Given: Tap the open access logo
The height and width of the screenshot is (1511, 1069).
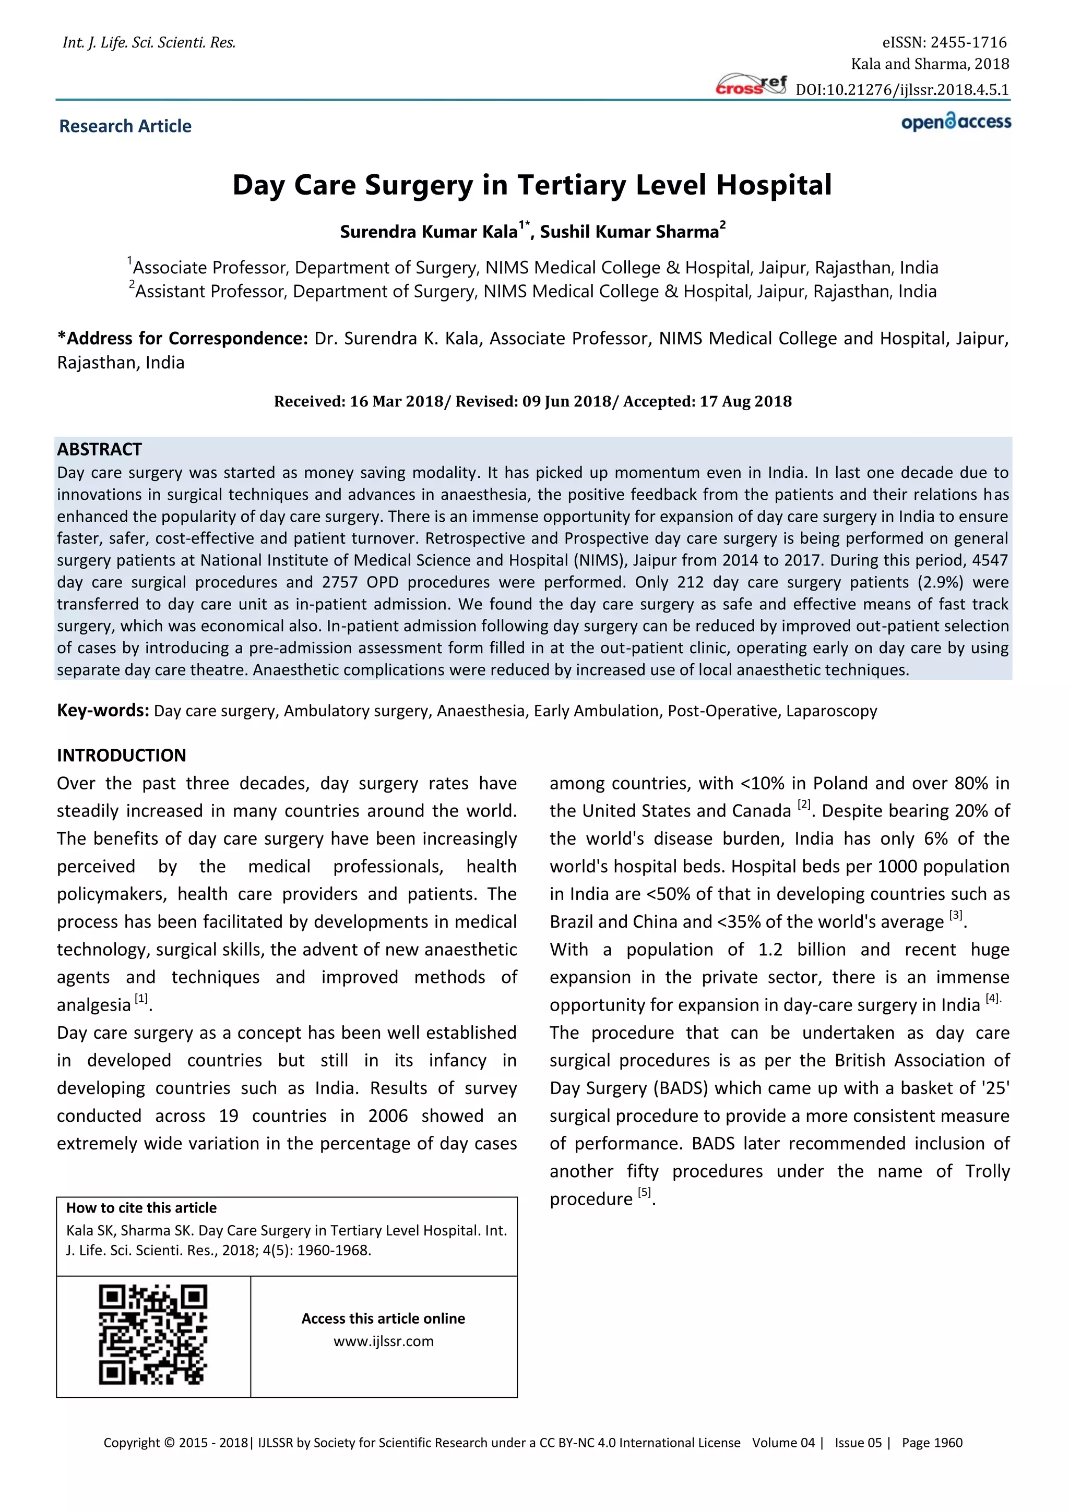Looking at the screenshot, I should pyautogui.click(x=956, y=123).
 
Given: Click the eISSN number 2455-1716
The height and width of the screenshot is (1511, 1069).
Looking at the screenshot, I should pyautogui.click(x=968, y=43).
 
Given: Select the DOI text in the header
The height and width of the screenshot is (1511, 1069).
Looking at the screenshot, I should pyautogui.click(x=902, y=90).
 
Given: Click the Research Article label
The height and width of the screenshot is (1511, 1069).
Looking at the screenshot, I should pyautogui.click(x=125, y=126).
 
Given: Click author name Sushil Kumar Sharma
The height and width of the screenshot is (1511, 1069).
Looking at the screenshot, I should pyautogui.click(x=631, y=232).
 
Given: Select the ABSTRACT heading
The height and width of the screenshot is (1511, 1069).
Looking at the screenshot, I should pyautogui.click(x=99, y=449).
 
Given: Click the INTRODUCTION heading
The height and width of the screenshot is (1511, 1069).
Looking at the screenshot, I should pyautogui.click(x=121, y=755).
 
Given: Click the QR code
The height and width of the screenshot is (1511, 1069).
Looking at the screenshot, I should pyautogui.click(x=153, y=1335).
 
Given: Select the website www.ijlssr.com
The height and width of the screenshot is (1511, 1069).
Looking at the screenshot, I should pyautogui.click(x=384, y=1341).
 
